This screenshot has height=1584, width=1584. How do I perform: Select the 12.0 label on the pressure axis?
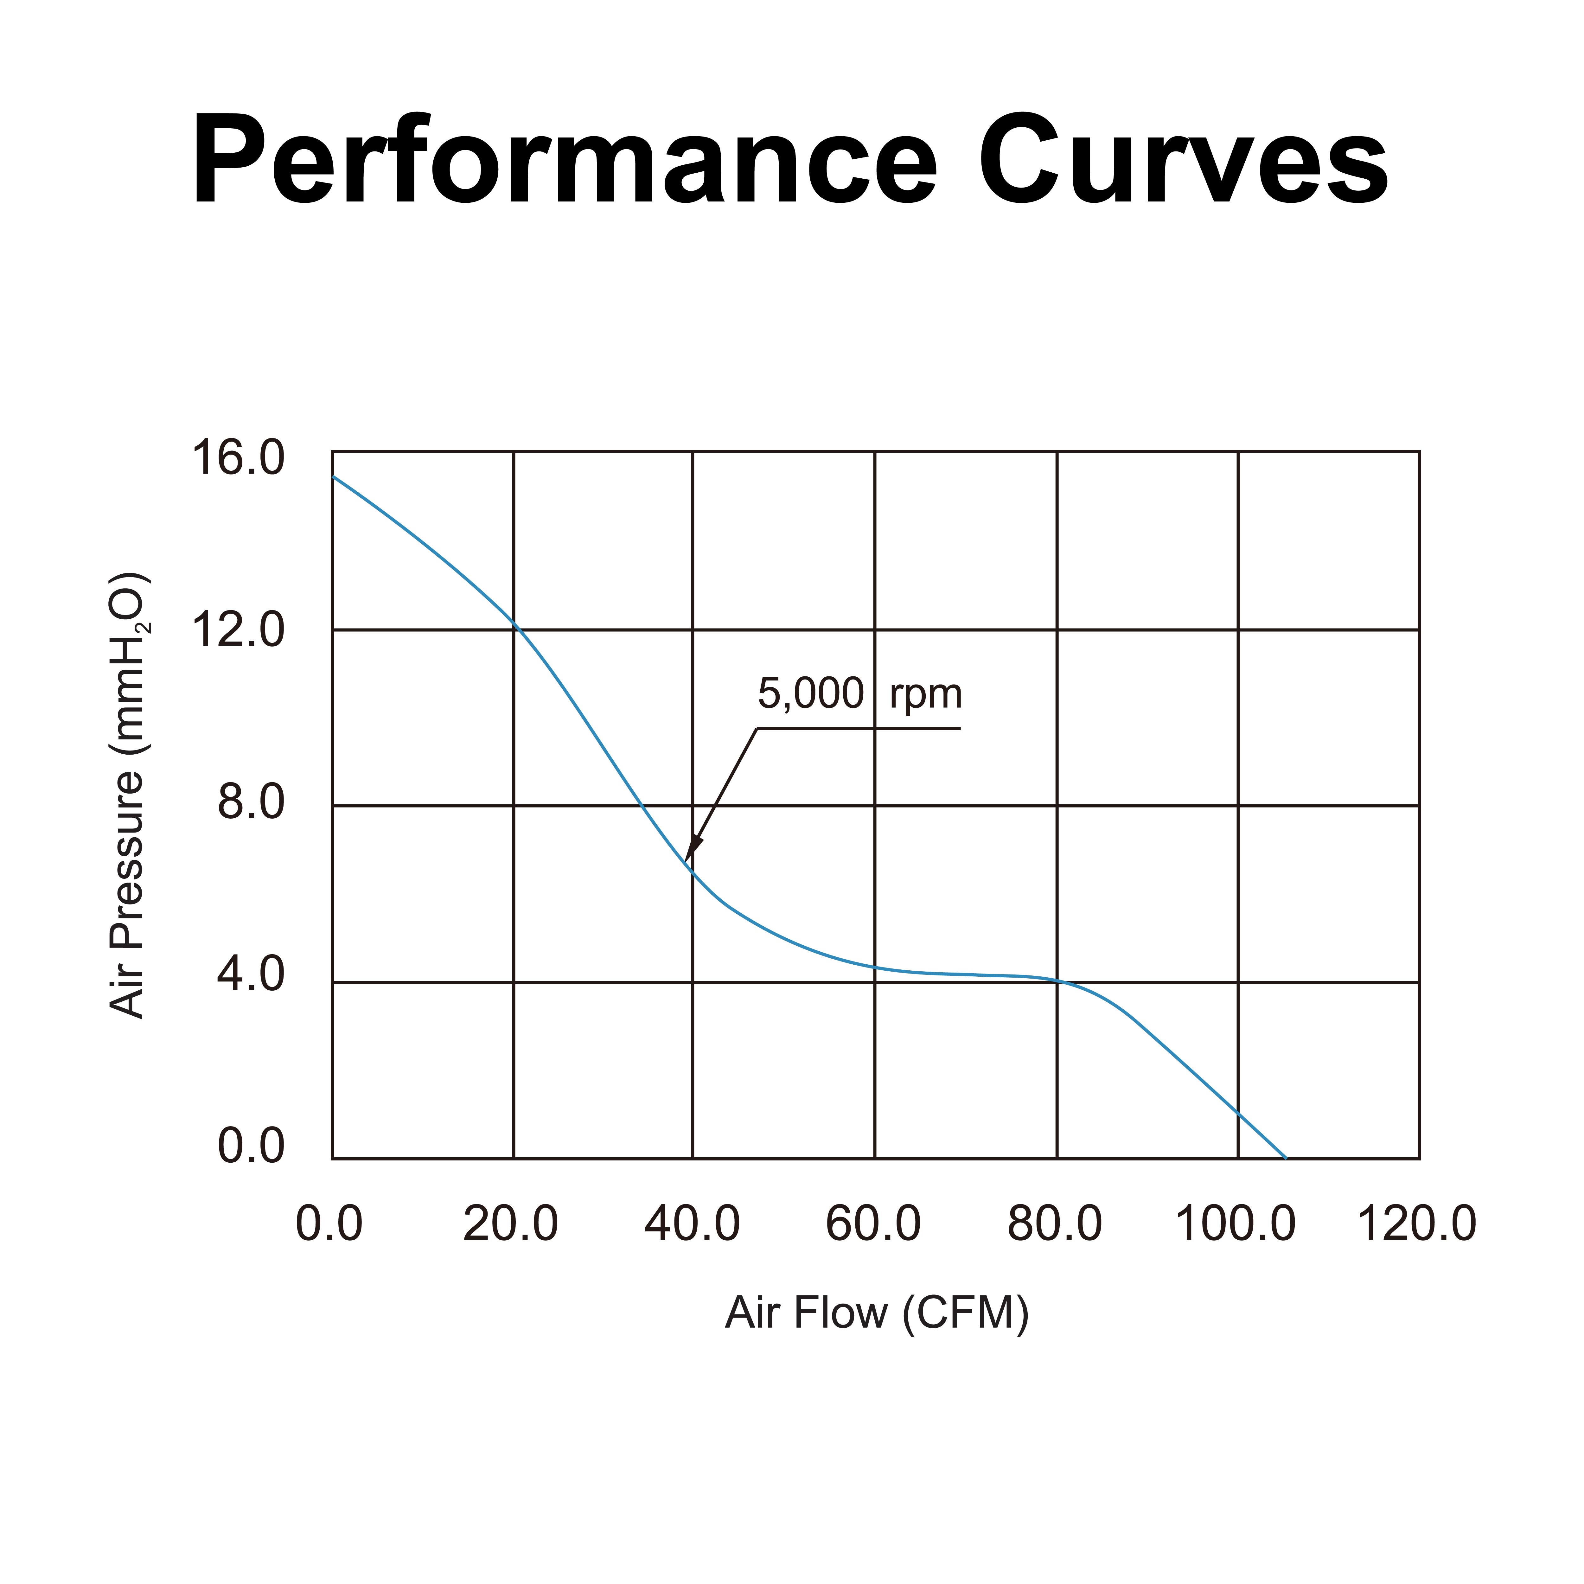click(238, 630)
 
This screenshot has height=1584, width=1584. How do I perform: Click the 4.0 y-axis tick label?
click(251, 976)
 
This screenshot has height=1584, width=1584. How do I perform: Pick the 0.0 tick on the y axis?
click(251, 1146)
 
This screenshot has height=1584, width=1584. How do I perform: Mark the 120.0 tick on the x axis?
click(1418, 1225)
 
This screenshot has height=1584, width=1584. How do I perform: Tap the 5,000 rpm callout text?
click(859, 693)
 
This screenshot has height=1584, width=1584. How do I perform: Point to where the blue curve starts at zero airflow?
click(333, 476)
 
